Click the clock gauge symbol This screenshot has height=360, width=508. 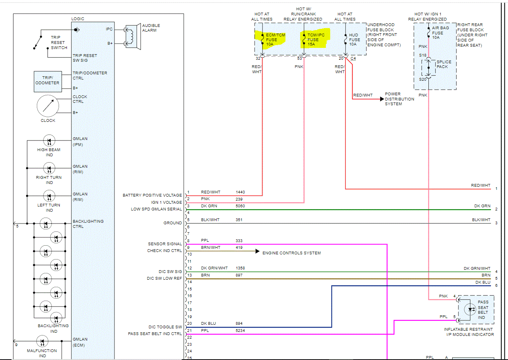pos(48,106)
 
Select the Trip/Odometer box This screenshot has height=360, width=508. pos(48,81)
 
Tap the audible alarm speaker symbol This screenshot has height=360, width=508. pos(133,36)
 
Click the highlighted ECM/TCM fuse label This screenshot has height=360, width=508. pos(275,40)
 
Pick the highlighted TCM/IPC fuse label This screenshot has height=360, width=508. pos(316,40)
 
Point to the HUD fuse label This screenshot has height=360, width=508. pos(354,40)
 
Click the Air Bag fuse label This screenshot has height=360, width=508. pos(440,32)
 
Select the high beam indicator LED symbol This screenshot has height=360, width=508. pos(49,141)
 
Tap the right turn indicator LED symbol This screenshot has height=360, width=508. pos(49,169)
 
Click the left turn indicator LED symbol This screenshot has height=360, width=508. pos(49,196)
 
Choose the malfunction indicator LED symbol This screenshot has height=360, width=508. pos(42,341)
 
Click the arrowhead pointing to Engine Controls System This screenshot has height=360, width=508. pos(257,251)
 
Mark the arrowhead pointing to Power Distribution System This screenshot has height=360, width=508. pos(382,99)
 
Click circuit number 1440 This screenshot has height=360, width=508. pos(240,192)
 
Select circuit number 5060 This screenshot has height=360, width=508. pos(240,206)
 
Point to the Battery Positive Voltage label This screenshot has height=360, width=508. pos(152,195)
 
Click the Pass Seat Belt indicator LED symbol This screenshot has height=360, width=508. pos(470,309)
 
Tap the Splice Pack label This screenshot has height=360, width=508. pos(444,64)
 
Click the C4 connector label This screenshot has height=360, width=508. pos(353,59)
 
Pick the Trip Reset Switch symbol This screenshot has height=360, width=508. pos(38,42)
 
